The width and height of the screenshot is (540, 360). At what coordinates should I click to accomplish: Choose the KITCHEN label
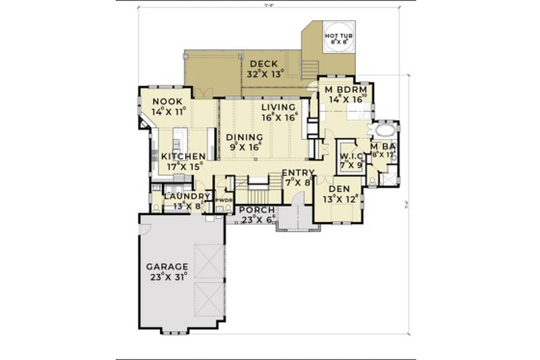click(x=181, y=155)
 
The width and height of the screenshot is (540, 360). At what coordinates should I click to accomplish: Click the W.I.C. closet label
click(x=349, y=154)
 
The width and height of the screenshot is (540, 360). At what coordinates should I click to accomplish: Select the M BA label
click(x=382, y=145)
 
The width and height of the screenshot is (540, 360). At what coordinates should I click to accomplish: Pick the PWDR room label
click(x=224, y=202)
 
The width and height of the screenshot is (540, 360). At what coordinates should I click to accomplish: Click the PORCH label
click(x=256, y=210)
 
